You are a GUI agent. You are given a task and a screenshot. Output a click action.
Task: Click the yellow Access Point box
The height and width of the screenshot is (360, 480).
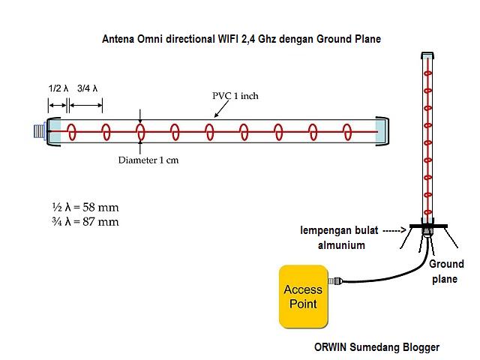coord(304,296)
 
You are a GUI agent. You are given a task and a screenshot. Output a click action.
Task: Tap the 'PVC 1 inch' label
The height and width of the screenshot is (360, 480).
coord(235,96)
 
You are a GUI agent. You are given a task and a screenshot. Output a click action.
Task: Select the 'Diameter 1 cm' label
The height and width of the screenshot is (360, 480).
coord(148,160)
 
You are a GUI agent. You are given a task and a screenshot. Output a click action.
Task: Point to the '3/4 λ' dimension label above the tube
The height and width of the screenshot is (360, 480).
coord(87,88)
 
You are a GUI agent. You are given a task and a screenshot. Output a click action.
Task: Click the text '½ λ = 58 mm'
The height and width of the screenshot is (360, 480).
coord(85,207)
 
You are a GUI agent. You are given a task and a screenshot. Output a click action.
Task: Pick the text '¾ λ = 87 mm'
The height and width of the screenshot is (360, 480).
coord(85,221)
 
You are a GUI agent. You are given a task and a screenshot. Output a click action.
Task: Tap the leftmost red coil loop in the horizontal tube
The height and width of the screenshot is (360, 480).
coord(72,132)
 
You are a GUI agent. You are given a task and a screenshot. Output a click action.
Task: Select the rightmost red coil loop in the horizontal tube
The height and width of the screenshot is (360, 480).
coord(347,132)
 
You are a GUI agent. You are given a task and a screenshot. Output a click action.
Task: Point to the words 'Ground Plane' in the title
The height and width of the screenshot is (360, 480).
coord(348,39)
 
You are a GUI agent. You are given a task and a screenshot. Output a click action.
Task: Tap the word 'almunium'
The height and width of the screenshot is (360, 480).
coord(340,244)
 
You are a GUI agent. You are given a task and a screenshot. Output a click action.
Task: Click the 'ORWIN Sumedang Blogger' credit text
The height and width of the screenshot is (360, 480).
coord(376,347)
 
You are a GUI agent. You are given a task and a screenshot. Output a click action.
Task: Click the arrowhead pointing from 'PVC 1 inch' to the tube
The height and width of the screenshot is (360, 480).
coord(217,115)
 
